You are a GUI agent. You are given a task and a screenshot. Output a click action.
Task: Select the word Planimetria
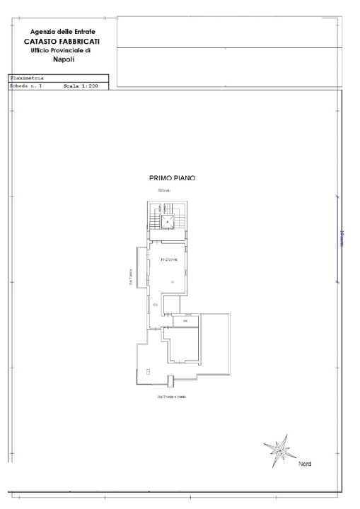tap(27, 78)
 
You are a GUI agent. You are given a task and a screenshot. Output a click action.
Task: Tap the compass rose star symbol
tap(279, 448)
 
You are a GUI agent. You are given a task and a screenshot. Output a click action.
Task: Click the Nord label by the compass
tap(304, 464)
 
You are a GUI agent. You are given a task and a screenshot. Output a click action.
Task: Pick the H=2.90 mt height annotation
tap(168, 259)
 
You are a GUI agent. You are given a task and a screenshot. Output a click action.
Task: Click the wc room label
tap(185, 322)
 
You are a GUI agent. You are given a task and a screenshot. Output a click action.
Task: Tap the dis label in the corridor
tap(154, 304)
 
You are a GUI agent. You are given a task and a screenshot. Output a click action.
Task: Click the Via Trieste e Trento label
tap(170, 397)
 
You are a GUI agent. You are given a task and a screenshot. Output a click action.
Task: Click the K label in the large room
tap(172, 281)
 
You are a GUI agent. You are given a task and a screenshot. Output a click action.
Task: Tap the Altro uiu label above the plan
tap(164, 192)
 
